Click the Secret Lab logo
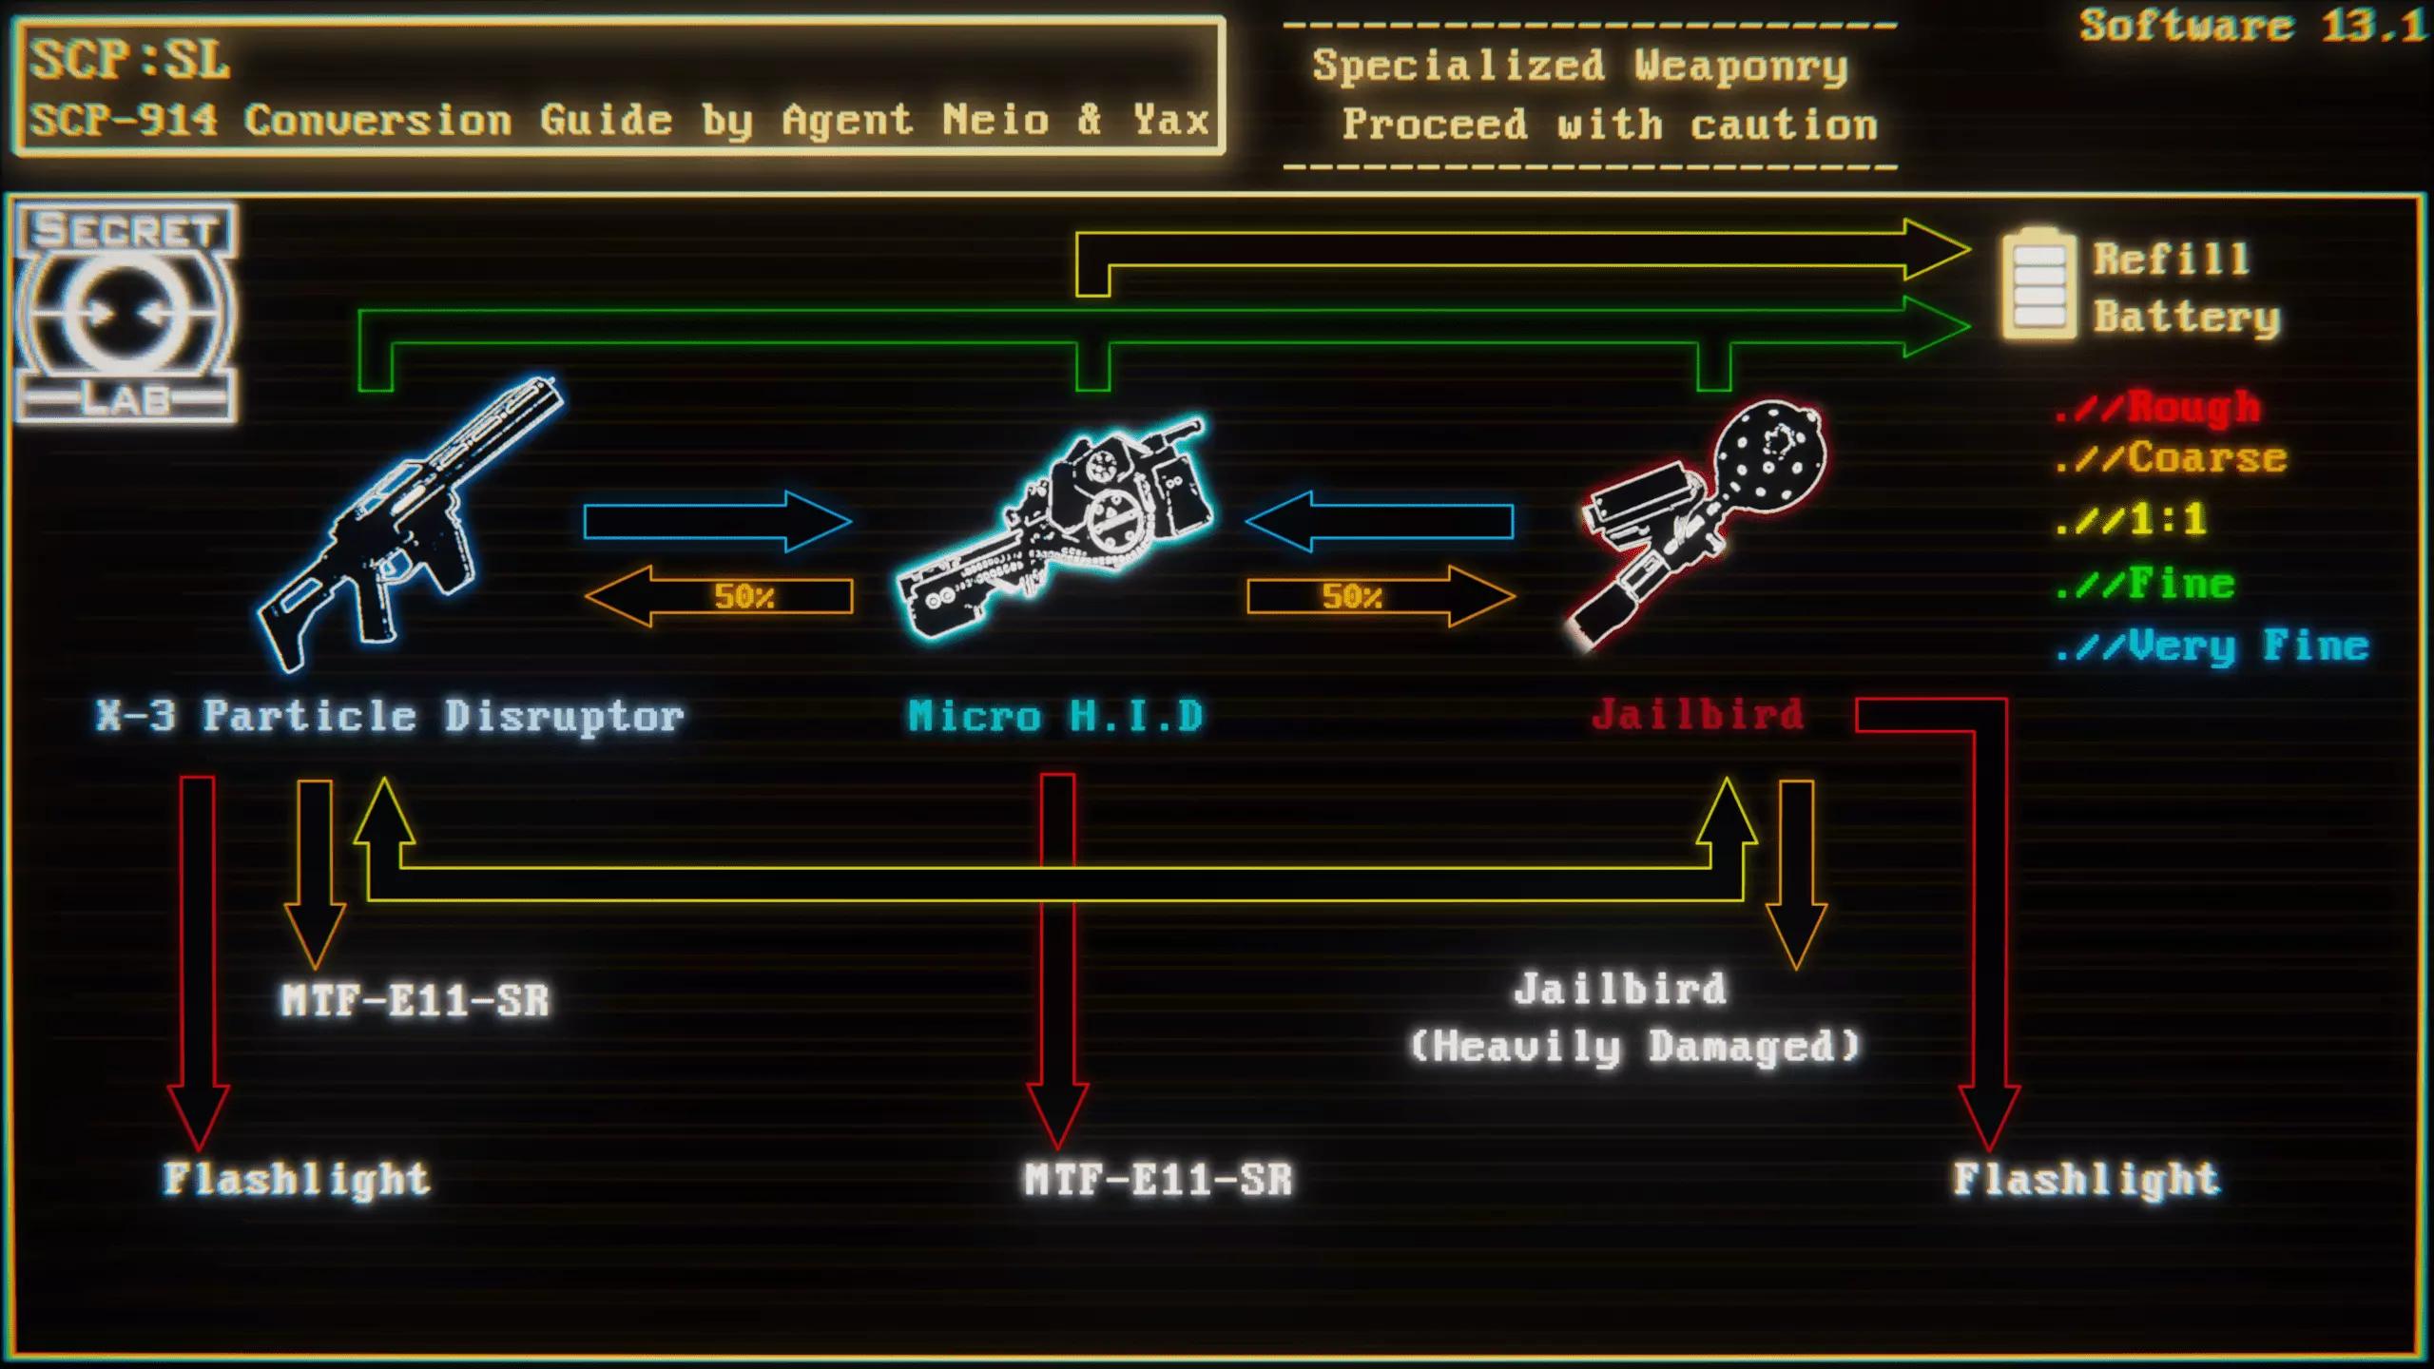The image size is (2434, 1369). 126,314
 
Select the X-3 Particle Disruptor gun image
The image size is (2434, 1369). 409,523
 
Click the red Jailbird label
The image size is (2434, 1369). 1697,715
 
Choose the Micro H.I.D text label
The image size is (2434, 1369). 1055,716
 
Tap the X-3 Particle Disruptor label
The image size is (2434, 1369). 390,716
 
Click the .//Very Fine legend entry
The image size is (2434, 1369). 2211,646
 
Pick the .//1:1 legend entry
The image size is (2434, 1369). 2130,520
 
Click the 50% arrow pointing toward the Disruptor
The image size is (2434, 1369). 720,596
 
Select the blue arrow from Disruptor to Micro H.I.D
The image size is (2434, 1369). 717,521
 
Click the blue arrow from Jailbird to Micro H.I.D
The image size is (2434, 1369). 1380,521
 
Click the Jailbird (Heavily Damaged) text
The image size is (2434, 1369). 1633,1017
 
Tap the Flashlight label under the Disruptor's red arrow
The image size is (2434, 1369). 297,1179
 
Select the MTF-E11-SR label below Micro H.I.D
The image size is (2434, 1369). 1158,1180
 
